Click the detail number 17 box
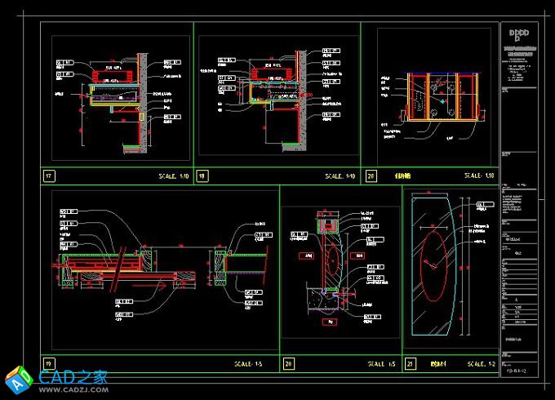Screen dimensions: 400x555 point(50,176)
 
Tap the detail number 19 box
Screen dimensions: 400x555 point(50,363)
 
